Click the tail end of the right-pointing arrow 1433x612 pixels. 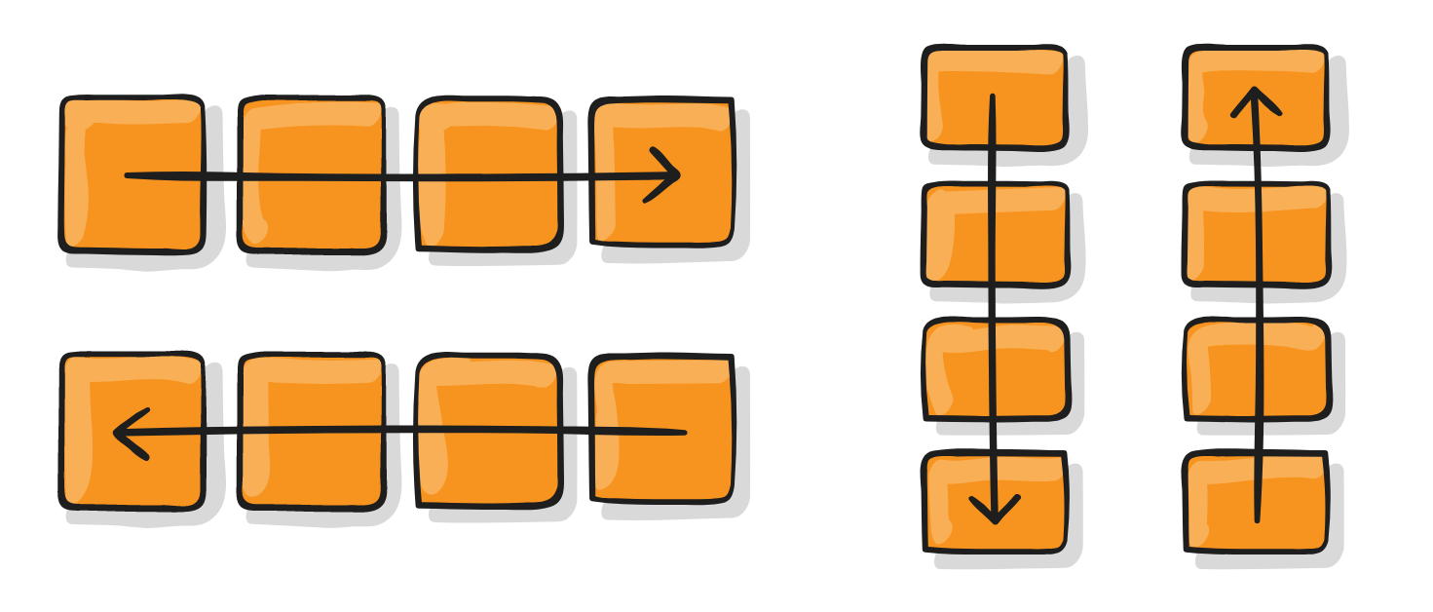[128, 176]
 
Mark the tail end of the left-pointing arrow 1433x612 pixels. [684, 432]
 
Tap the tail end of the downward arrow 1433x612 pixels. [992, 96]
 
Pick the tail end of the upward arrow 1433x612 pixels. [1257, 519]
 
